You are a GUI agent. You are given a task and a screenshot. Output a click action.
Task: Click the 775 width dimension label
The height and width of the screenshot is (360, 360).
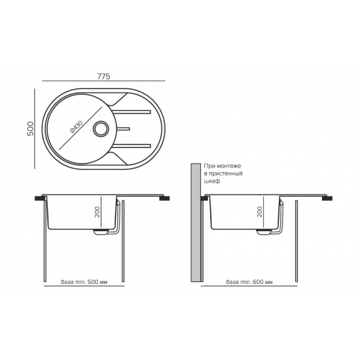coord(104,76)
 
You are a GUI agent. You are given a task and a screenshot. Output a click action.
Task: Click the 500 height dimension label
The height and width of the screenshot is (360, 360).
coord(30,128)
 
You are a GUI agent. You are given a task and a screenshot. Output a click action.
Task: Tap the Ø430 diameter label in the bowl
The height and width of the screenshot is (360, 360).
coord(76,127)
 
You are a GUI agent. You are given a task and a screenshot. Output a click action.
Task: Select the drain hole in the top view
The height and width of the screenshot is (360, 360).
coord(100,129)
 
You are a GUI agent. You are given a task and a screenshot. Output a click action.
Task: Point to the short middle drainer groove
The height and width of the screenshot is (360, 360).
coord(123,129)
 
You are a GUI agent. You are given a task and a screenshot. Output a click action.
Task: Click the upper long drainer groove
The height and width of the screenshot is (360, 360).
coord(132,112)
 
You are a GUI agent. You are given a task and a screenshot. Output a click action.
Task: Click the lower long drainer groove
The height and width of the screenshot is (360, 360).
coord(132,146)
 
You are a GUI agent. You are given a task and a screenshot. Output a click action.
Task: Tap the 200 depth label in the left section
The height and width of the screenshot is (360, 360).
coord(98,212)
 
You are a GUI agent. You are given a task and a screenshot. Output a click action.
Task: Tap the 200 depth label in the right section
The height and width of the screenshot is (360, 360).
coord(260,212)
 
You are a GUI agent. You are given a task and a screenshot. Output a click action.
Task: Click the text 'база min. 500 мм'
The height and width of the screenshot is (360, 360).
coord(84,281)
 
